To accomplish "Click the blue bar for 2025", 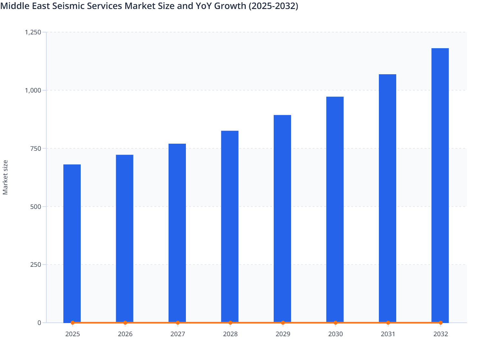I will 72,243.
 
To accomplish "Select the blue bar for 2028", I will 230,227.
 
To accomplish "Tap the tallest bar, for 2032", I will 440,185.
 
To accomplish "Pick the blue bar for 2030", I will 335,210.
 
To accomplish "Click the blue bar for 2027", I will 177,233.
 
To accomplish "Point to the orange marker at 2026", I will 125,323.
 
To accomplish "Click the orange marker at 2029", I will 283,323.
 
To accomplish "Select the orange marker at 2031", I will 388,323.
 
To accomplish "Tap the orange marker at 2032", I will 441,323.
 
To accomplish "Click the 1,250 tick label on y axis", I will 33,32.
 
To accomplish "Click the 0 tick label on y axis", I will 39,323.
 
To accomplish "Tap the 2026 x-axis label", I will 125,334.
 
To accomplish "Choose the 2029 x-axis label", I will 283,334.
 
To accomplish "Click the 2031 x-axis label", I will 388,334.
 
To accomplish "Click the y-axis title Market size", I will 5,177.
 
